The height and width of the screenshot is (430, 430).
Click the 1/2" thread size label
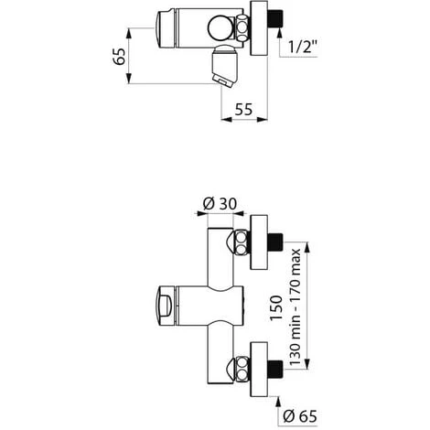(303, 47)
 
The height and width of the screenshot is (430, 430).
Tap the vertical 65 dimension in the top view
(119, 56)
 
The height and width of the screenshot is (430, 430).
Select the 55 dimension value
(243, 110)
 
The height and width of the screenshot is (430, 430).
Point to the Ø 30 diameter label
(220, 203)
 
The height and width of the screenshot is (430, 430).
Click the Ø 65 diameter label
(300, 416)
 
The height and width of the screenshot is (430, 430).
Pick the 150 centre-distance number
(276, 307)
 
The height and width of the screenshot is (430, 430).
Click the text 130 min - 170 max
(295, 307)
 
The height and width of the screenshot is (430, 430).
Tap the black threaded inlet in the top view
(275, 19)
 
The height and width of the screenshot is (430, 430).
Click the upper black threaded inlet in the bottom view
(275, 242)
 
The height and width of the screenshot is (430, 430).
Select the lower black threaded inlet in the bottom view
(275, 369)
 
